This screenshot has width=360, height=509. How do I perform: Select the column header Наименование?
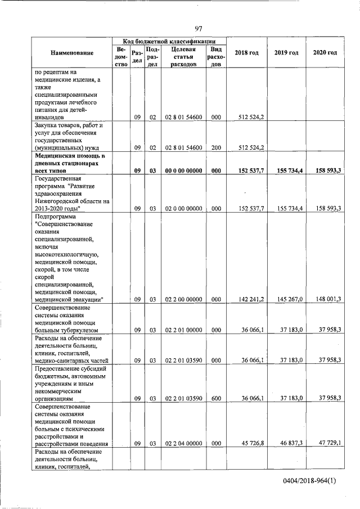point(72,53)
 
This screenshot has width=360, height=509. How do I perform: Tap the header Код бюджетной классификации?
point(169,41)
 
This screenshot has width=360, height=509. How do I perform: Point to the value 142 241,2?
point(251,300)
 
